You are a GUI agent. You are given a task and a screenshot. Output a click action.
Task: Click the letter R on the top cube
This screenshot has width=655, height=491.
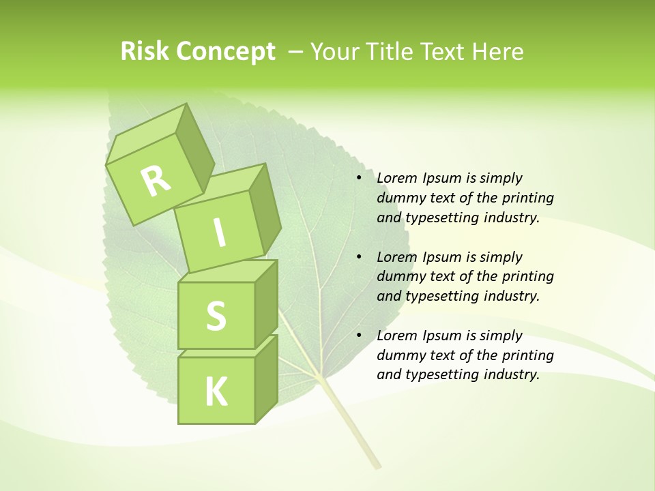tap(156, 181)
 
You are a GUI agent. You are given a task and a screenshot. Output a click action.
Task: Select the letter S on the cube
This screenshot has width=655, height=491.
tap(216, 316)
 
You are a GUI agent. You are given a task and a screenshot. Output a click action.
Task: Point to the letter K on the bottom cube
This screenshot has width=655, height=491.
tap(216, 392)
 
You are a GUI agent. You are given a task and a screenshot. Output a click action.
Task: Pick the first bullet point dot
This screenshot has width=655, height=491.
tap(359, 179)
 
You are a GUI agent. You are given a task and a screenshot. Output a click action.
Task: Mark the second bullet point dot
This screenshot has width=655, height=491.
tap(359, 257)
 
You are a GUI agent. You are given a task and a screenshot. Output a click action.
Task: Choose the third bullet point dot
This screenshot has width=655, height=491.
tap(359, 336)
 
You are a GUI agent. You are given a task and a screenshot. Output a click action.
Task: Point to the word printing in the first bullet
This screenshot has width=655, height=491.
tap(530, 198)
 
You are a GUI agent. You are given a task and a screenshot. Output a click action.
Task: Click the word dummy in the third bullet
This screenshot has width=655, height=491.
tap(399, 355)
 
